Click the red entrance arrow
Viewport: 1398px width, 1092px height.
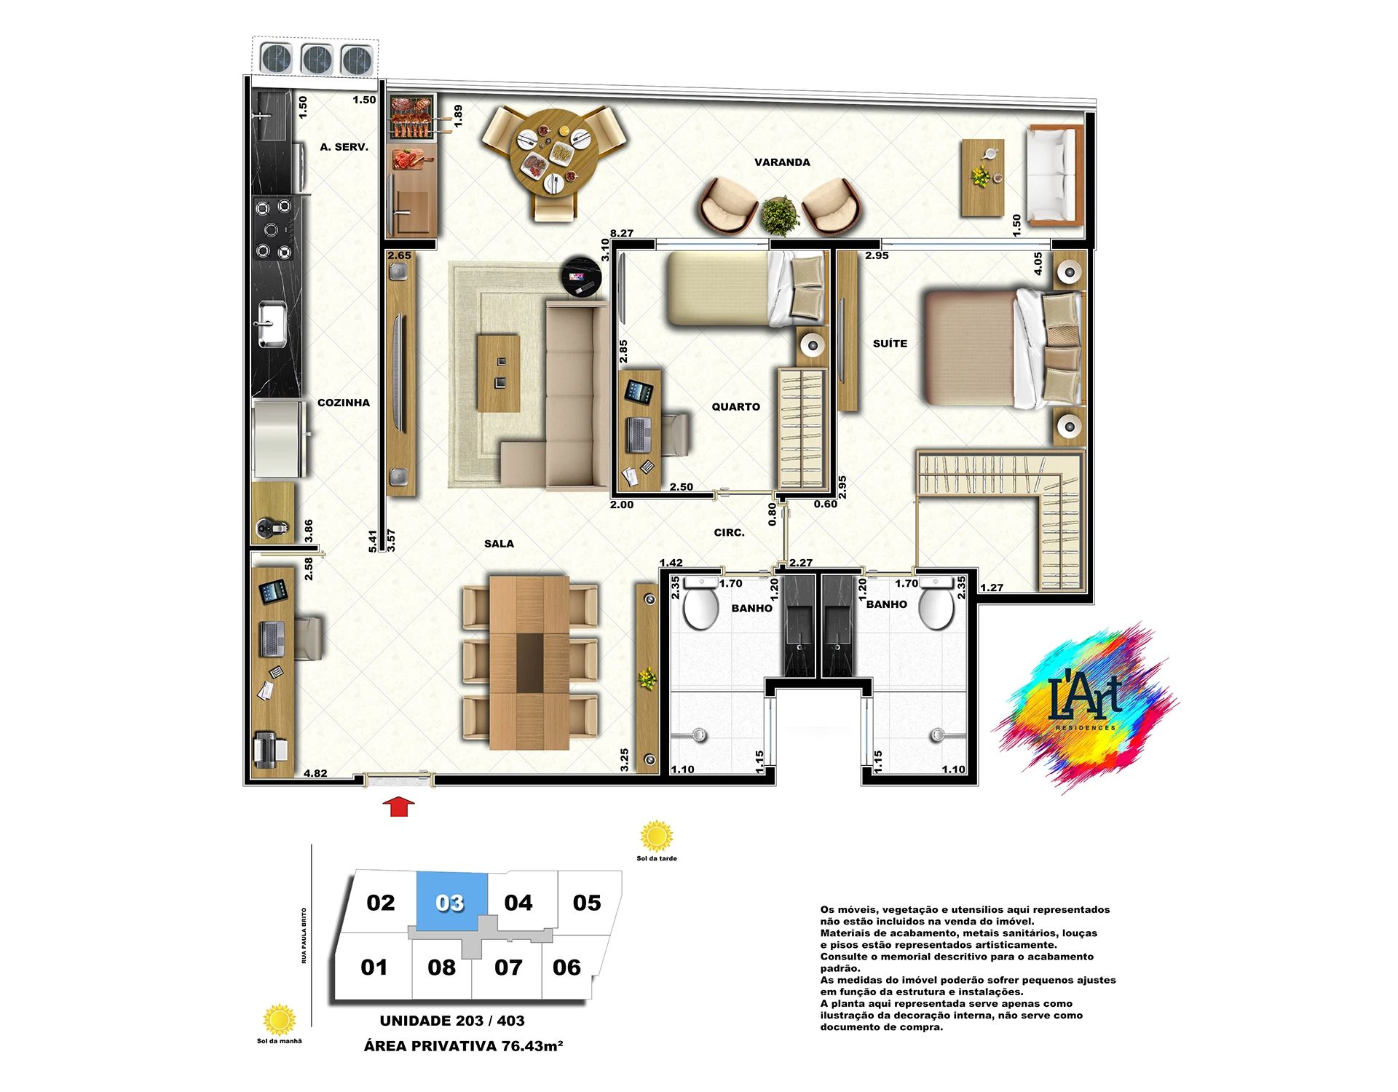[398, 807]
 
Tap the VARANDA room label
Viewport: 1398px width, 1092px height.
[782, 162]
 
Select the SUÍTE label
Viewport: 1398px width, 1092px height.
[890, 344]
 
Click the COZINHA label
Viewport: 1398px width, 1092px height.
[344, 403]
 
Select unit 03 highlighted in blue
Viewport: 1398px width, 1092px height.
[451, 901]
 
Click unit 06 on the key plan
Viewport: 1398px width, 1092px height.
[566, 968]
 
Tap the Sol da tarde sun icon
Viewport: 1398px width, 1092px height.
[656, 836]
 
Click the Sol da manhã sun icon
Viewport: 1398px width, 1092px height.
[279, 1020]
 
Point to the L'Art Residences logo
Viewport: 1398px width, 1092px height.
[1085, 706]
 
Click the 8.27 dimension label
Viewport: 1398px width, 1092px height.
[622, 234]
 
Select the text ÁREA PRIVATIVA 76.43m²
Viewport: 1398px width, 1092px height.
[464, 1046]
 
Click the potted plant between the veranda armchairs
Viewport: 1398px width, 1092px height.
[780, 215]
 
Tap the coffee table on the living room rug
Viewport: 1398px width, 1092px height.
[499, 373]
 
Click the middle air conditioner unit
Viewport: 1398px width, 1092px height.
[317, 60]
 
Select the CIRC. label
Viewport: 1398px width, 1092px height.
[729, 533]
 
